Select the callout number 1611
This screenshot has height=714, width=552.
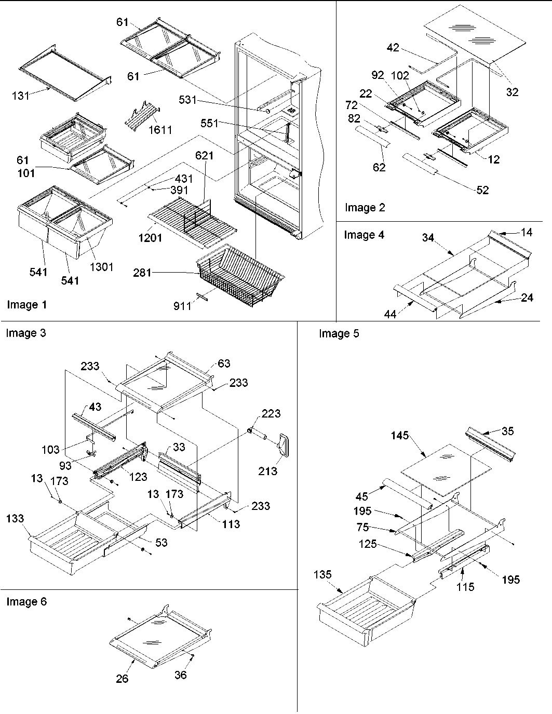pos(160,130)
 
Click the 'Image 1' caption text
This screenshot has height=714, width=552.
pos(26,305)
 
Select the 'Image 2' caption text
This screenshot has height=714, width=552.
pos(365,208)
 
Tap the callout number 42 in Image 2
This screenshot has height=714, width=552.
pos(393,47)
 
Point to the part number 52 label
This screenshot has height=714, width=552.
pos(482,191)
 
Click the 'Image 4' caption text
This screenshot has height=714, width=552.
pos(364,235)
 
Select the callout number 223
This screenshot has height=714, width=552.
pos(271,414)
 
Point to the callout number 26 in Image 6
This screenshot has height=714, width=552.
pos(122,678)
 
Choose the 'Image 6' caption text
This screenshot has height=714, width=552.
pos(26,602)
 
